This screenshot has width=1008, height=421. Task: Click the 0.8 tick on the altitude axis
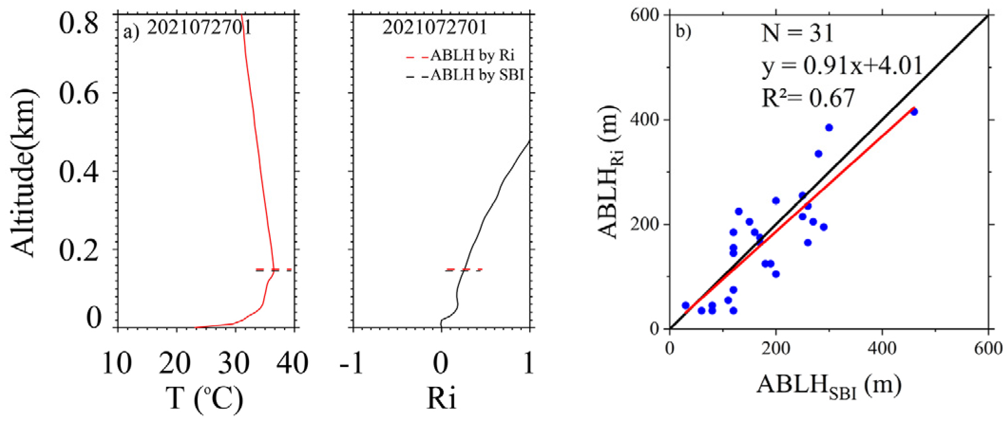79,23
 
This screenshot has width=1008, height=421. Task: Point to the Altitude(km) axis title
23,172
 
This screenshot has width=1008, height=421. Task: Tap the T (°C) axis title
204,398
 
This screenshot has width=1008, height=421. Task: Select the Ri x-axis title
441,398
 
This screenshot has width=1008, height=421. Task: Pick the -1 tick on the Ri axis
352,364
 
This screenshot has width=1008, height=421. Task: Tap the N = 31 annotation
798,33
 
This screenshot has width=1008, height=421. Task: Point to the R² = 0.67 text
808,98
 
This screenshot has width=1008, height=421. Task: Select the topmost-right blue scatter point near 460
914,112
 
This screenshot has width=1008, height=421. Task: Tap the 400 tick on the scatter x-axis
882,349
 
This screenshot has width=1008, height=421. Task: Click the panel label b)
683,32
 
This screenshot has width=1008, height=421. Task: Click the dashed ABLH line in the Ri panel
464,270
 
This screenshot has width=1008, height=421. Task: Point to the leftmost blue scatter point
685,306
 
